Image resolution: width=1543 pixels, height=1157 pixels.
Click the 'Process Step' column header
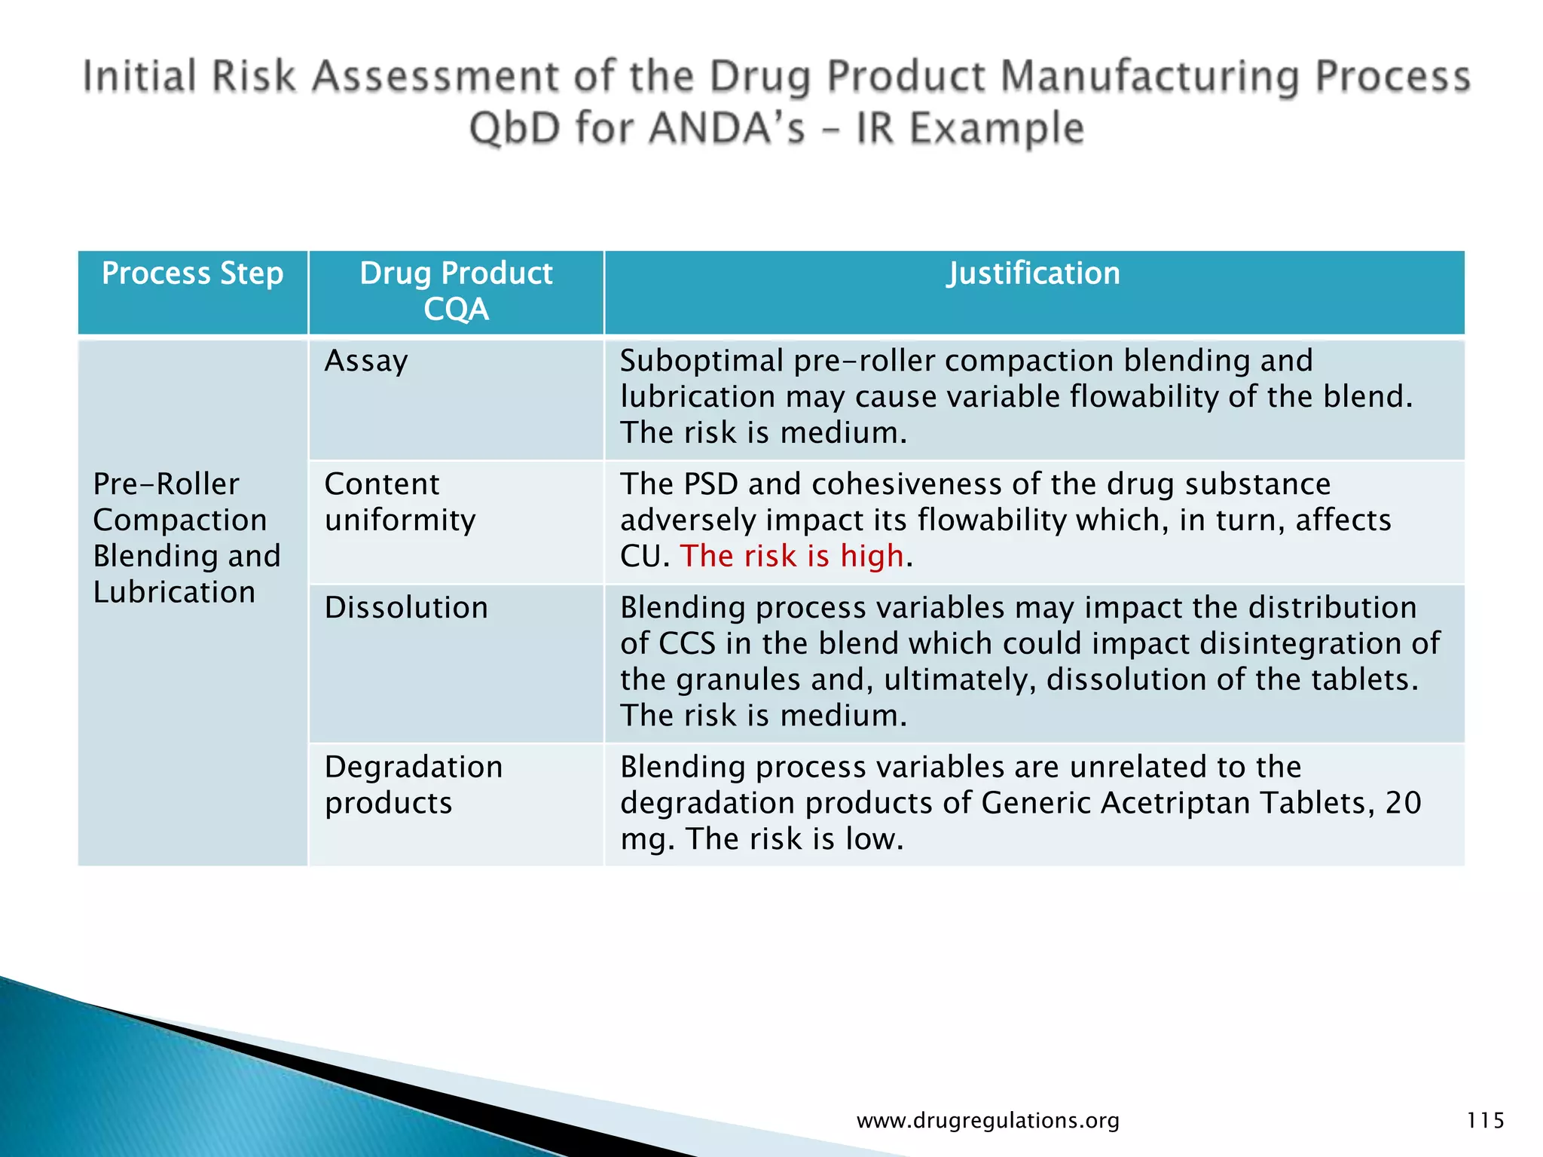click(192, 273)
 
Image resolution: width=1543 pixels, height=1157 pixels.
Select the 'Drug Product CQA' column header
click(456, 291)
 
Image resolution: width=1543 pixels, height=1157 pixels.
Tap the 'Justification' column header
click(1033, 273)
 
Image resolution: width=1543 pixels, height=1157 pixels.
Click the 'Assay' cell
click(366, 362)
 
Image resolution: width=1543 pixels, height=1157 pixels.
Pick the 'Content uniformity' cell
click(400, 502)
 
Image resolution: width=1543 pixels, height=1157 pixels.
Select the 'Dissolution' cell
click(406, 608)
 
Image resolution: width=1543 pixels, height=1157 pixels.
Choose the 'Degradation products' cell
click(413, 785)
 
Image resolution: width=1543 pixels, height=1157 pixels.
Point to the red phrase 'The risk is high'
click(791, 556)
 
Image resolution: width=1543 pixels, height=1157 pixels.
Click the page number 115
click(1485, 1121)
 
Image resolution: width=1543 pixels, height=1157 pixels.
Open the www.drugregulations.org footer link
click(988, 1121)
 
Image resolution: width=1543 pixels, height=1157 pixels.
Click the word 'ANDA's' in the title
click(727, 128)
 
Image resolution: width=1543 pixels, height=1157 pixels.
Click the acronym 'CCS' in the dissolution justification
click(686, 644)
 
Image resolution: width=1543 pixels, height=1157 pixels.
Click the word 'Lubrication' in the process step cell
click(174, 592)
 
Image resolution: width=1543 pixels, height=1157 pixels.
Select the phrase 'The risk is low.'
click(794, 839)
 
